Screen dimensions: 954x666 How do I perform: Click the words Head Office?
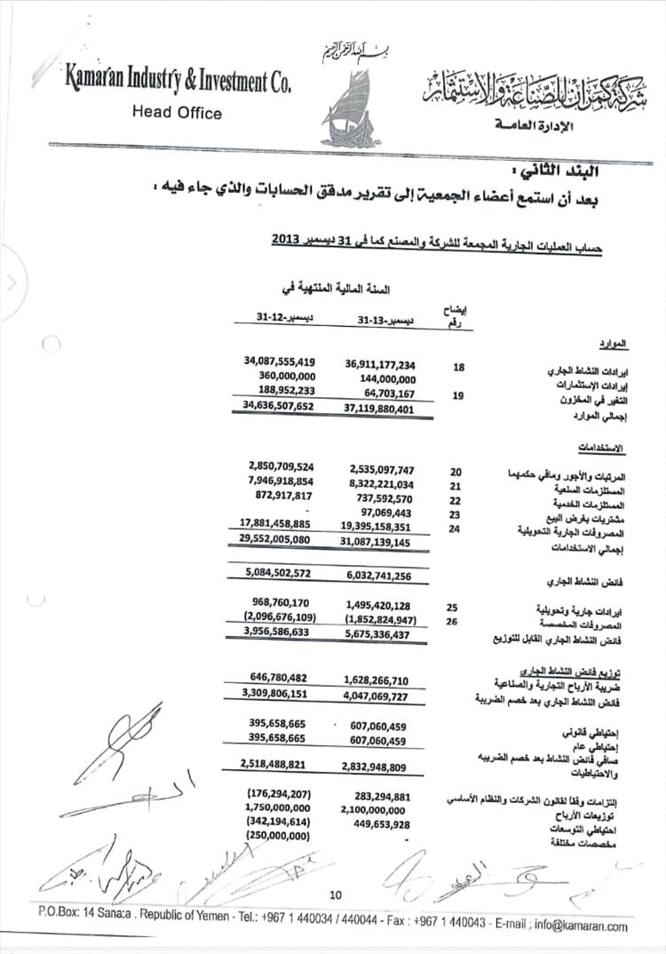[x=177, y=113]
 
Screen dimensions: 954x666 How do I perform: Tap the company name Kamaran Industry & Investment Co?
[x=178, y=82]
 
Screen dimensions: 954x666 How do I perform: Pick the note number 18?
[x=458, y=366]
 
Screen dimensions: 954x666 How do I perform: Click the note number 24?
[x=456, y=529]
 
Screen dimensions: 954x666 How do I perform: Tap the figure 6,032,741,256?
[x=378, y=576]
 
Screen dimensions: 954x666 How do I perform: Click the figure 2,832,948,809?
[x=378, y=767]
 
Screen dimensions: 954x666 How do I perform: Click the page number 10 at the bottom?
[x=335, y=894]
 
